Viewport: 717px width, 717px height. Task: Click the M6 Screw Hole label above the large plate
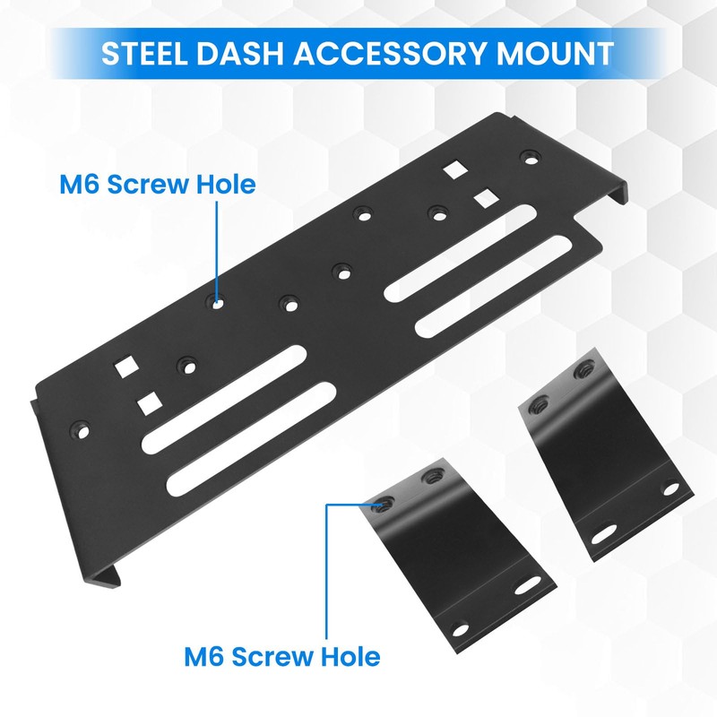pyautogui.click(x=158, y=186)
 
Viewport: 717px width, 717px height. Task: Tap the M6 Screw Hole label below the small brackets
pyautogui.click(x=281, y=656)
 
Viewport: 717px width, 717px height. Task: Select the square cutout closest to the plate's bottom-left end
pyautogui.click(x=148, y=403)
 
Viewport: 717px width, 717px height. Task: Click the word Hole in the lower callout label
pyautogui.click(x=350, y=656)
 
